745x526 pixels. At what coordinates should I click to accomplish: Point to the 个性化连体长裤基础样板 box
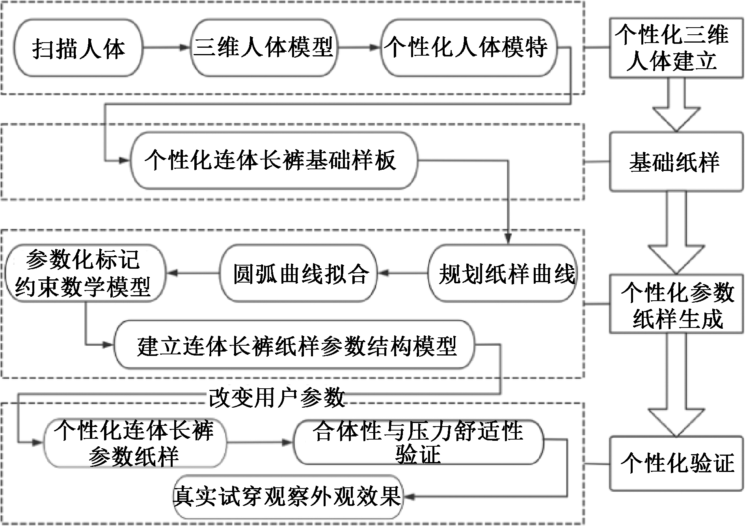coord(273,161)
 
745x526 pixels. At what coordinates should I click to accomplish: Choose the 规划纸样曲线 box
coord(502,273)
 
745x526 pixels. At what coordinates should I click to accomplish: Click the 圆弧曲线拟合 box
coord(298,273)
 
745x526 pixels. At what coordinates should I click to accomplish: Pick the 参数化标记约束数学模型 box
coord(84,273)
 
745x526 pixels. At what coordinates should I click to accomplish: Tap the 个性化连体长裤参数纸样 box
coord(134,443)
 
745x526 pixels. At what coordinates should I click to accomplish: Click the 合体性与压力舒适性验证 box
coord(418,443)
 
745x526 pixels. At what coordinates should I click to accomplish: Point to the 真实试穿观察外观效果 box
coord(288,496)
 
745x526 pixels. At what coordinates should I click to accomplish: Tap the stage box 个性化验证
coord(676,463)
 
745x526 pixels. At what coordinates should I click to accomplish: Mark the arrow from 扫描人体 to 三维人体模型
coord(166,48)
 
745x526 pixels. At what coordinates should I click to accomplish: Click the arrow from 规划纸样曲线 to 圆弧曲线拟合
coord(402,273)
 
